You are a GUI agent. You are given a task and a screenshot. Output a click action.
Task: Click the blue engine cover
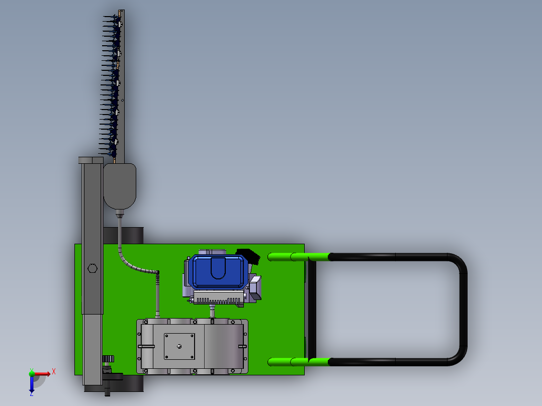tap(218, 272)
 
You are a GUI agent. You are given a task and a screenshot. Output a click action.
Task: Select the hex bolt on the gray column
tap(93, 268)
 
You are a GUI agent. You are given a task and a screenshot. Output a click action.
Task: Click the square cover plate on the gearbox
tap(179, 346)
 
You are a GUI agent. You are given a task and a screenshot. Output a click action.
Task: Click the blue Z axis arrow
tap(32, 384)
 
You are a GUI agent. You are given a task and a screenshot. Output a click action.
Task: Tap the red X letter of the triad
tap(54, 372)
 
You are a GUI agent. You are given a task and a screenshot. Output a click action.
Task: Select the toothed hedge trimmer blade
tap(111, 86)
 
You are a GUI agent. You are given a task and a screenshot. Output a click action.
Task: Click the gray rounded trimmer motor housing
tap(120, 186)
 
